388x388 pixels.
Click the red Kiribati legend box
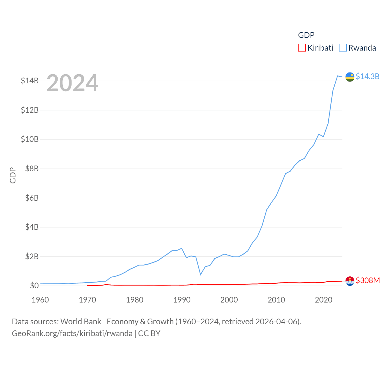[x=302, y=48]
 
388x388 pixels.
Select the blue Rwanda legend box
[x=343, y=48]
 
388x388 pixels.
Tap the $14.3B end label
[x=367, y=76]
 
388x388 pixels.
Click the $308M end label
[x=368, y=280]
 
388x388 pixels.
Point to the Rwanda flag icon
[x=350, y=77]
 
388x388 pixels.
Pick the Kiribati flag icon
[x=350, y=281]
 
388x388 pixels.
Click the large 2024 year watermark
[x=72, y=83]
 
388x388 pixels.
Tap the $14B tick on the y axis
[x=30, y=81]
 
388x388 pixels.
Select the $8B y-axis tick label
[x=32, y=169]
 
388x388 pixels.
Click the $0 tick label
[x=34, y=286]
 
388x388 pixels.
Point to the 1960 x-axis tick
[x=40, y=300]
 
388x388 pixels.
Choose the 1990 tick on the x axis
[x=182, y=300]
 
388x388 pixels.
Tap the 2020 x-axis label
[x=323, y=300]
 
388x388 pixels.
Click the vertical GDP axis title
[x=13, y=175]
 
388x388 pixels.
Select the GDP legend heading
[x=306, y=35]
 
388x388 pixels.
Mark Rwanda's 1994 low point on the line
[x=200, y=274]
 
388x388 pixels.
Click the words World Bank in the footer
[x=81, y=321]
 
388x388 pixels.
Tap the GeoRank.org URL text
[x=72, y=333]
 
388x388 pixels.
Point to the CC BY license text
[x=149, y=333]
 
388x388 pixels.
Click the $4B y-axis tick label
[x=32, y=227]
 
